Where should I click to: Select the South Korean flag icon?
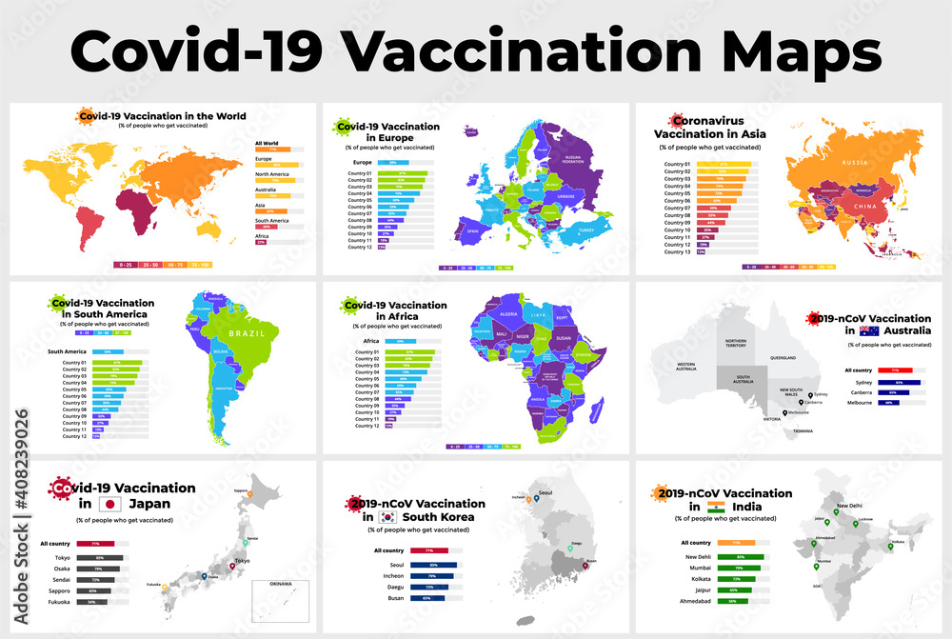click(388, 517)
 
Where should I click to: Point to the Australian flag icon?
click(868, 330)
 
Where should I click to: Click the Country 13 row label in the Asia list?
click(677, 252)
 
